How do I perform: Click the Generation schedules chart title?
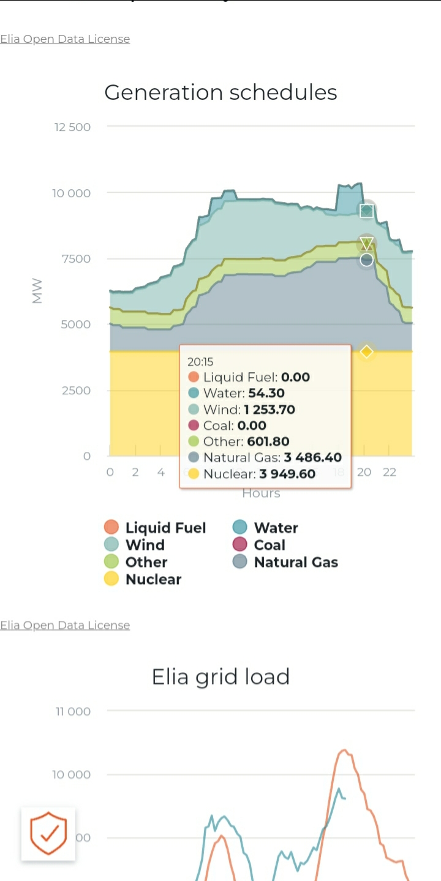(x=221, y=92)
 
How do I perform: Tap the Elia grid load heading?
(x=221, y=677)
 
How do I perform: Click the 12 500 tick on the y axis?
(x=72, y=127)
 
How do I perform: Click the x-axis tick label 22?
(x=390, y=472)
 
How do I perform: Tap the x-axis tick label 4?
(x=160, y=472)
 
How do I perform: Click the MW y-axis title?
(x=37, y=291)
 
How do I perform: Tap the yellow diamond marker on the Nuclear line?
(x=366, y=351)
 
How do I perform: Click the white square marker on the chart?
(x=366, y=211)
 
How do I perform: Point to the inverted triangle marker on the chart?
(x=366, y=243)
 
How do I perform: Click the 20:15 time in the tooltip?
(x=200, y=362)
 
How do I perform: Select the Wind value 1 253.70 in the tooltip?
(x=269, y=410)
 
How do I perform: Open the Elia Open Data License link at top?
(x=65, y=39)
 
